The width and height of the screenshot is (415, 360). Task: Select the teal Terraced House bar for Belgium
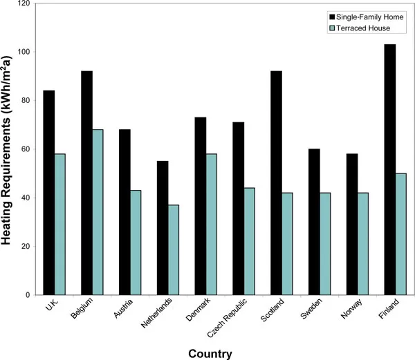click(97, 211)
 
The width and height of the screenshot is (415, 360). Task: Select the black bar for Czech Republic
click(238, 208)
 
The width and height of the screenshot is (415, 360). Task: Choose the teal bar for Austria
click(135, 242)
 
